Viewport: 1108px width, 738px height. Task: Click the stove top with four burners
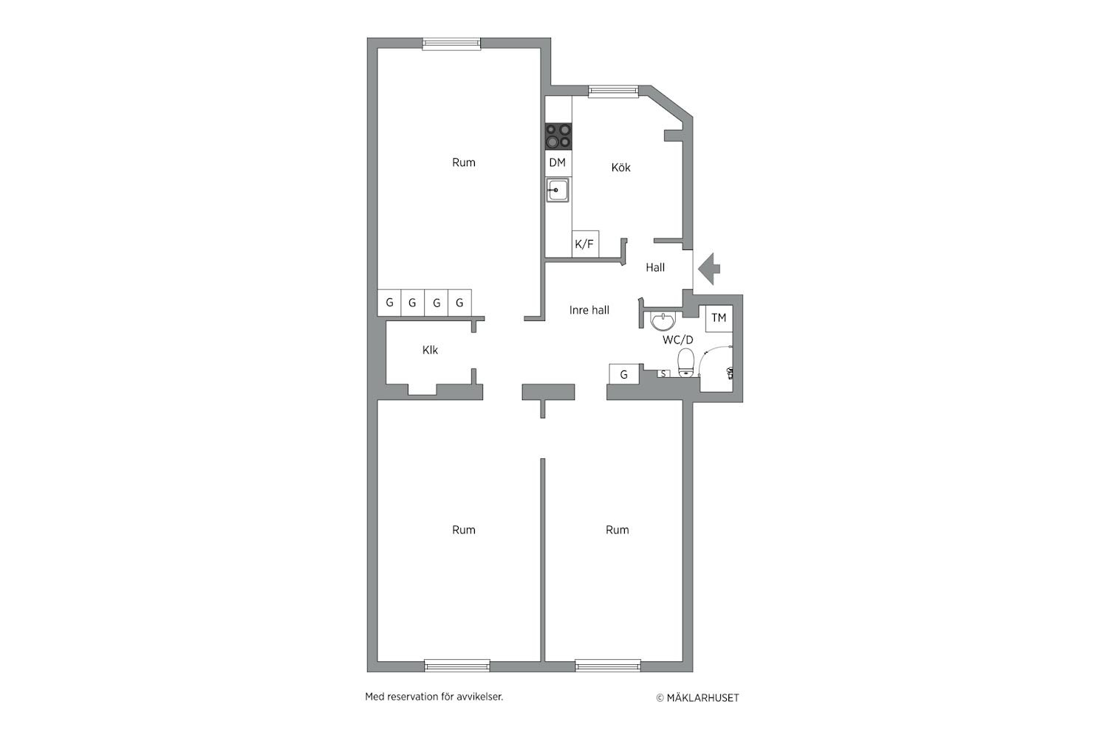558,137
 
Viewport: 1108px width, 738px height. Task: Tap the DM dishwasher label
558,162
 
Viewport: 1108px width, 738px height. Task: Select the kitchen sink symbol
558,190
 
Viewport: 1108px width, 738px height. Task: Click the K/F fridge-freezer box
585,244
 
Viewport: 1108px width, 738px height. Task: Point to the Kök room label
620,168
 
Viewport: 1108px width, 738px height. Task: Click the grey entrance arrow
709,269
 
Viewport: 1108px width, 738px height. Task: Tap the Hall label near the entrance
655,267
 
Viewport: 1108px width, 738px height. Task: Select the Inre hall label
589,310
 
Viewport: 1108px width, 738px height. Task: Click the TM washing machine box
719,318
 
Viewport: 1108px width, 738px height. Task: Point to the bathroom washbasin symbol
662,322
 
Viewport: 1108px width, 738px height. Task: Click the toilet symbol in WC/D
686,363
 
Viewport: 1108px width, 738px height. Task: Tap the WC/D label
677,339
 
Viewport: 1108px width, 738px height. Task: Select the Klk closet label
430,350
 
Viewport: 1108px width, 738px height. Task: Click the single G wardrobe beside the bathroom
623,374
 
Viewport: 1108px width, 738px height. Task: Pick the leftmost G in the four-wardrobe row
389,303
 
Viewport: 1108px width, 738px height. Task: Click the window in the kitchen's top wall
613,91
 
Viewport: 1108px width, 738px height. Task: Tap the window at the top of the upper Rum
451,44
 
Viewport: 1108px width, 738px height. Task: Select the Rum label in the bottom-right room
618,530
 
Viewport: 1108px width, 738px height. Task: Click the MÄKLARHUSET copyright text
697,698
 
